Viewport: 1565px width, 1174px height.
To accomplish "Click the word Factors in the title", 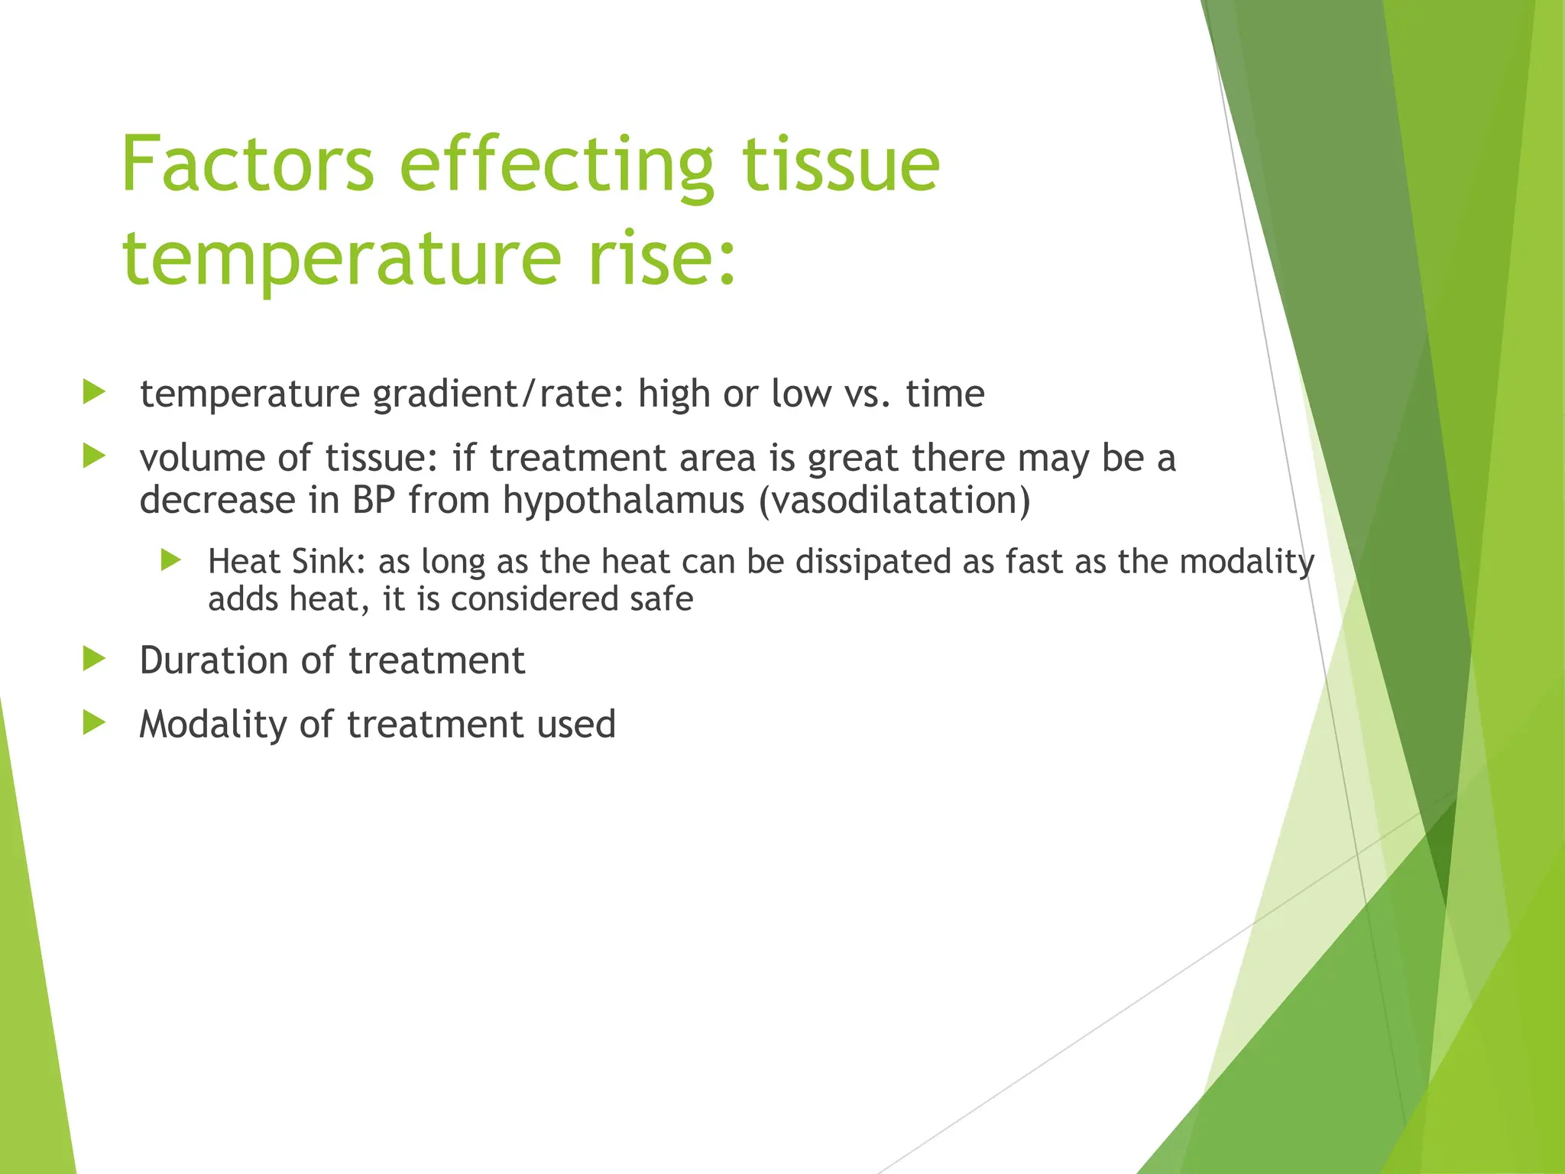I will click(x=247, y=164).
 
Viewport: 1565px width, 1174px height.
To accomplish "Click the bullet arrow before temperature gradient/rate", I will click(x=93, y=393).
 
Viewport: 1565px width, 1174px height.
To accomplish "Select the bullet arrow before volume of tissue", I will click(x=93, y=457).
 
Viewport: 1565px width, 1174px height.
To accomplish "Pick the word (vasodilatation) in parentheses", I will click(x=894, y=501).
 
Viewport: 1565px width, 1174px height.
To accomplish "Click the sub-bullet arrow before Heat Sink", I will click(x=171, y=560).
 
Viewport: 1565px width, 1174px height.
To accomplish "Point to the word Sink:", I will click(x=324, y=562).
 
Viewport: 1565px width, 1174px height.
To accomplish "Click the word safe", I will click(x=662, y=599).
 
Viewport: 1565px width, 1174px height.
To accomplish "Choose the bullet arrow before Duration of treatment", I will click(x=93, y=659).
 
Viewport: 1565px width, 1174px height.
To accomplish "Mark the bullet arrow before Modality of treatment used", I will click(x=93, y=722).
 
